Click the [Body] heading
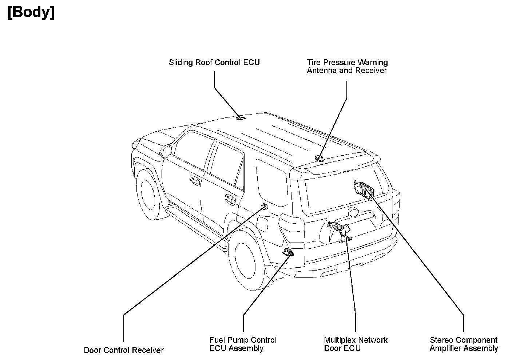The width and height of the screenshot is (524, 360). point(31,13)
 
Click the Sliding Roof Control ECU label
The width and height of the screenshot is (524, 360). point(214,63)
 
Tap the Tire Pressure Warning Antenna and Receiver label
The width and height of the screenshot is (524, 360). point(347,67)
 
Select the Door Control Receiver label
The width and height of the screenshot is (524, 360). point(124,350)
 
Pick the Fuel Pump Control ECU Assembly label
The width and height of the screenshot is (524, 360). point(243,344)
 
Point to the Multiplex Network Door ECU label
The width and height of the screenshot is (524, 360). point(356,344)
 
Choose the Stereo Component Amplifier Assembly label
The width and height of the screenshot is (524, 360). point(464,344)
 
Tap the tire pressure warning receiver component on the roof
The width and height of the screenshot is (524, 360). point(319,158)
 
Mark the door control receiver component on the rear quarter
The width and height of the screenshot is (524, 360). point(264,207)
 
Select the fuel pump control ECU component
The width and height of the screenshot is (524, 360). point(288,252)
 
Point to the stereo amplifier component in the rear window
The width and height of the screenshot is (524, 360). point(363,188)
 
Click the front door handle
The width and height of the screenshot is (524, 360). point(195,180)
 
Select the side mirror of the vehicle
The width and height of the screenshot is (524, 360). point(166,151)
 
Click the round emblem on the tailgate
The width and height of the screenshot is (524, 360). point(353,212)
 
